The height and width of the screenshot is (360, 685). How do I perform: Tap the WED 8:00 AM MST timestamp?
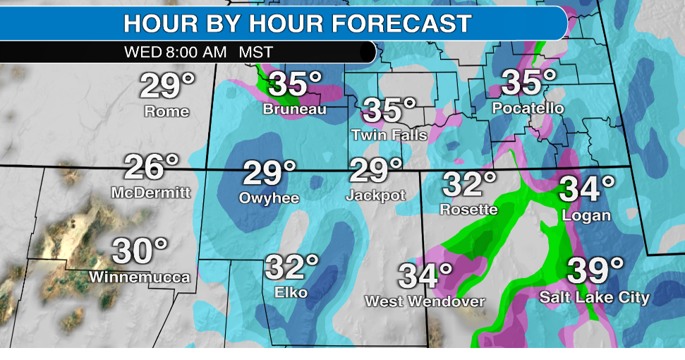pyautogui.click(x=197, y=52)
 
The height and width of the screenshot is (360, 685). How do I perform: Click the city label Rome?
pyautogui.click(x=166, y=112)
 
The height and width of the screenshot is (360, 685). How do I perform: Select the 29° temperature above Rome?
pyautogui.click(x=166, y=86)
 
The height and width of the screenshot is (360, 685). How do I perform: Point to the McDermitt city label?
pyautogui.click(x=151, y=193)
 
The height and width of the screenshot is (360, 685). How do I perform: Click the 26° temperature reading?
pyautogui.click(x=151, y=168)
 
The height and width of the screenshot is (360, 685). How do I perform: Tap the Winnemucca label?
pyautogui.click(x=140, y=277)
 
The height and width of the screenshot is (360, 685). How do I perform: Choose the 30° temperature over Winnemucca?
pyautogui.click(x=140, y=251)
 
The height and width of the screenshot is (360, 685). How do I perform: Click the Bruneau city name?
pyautogui.click(x=294, y=109)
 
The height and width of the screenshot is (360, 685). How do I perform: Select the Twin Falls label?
pyautogui.click(x=389, y=134)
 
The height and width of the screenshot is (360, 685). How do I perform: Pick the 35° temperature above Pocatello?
pyautogui.click(x=528, y=83)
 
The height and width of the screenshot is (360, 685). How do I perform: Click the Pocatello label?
pyautogui.click(x=528, y=109)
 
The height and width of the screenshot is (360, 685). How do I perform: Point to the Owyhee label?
pyautogui.click(x=270, y=198)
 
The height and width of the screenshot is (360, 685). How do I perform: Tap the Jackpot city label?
pyautogui.click(x=375, y=196)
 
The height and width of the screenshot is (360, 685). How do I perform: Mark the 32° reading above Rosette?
pyautogui.click(x=469, y=185)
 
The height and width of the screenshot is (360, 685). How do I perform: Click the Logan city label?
pyautogui.click(x=587, y=215)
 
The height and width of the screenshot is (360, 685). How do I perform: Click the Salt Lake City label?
pyautogui.click(x=595, y=297)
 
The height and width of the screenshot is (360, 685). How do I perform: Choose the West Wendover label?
pyautogui.click(x=425, y=301)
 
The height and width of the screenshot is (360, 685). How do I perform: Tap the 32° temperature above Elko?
pyautogui.click(x=291, y=268)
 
